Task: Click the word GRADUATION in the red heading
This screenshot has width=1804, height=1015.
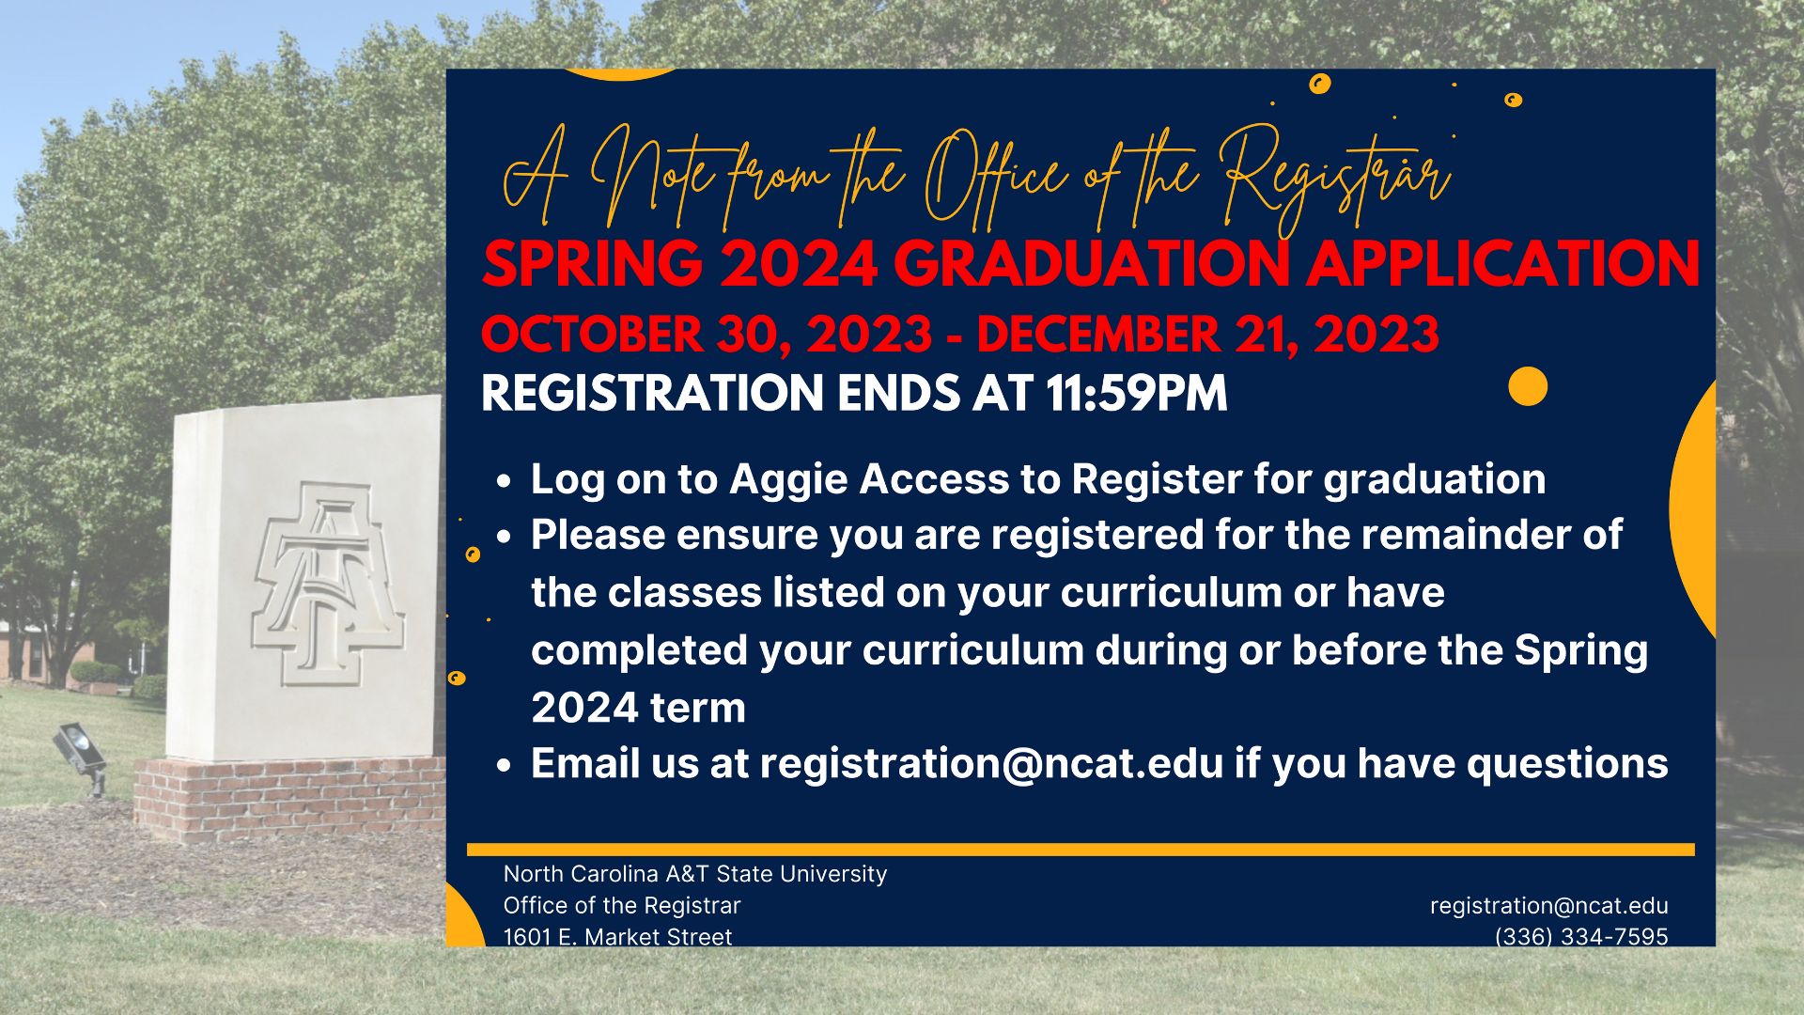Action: pyautogui.click(x=1089, y=264)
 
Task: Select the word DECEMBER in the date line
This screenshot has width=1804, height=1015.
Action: pyautogui.click(x=1098, y=335)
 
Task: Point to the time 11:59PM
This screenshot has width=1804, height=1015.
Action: pyautogui.click(x=1136, y=393)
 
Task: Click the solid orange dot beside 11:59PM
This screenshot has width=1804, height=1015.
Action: pyautogui.click(x=1528, y=386)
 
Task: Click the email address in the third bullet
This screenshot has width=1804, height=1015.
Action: pyautogui.click(x=991, y=763)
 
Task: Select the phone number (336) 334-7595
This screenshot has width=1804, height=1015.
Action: pyautogui.click(x=1581, y=936)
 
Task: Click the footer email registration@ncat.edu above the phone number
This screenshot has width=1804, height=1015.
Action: pyautogui.click(x=1549, y=906)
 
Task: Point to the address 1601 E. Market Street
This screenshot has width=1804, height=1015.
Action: pyautogui.click(x=617, y=936)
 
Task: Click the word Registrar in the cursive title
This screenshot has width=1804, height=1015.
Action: pyautogui.click(x=1337, y=179)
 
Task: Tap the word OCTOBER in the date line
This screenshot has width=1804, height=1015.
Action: pyautogui.click(x=592, y=335)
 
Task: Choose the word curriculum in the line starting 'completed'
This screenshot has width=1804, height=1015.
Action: pyautogui.click(x=972, y=650)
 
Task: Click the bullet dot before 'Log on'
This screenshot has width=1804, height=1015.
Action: pyautogui.click(x=505, y=481)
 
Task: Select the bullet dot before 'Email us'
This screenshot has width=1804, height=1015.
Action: pyautogui.click(x=505, y=765)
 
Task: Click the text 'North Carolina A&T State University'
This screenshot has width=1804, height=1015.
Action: pyautogui.click(x=695, y=874)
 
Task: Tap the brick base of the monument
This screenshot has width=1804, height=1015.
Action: pyautogui.click(x=289, y=798)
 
